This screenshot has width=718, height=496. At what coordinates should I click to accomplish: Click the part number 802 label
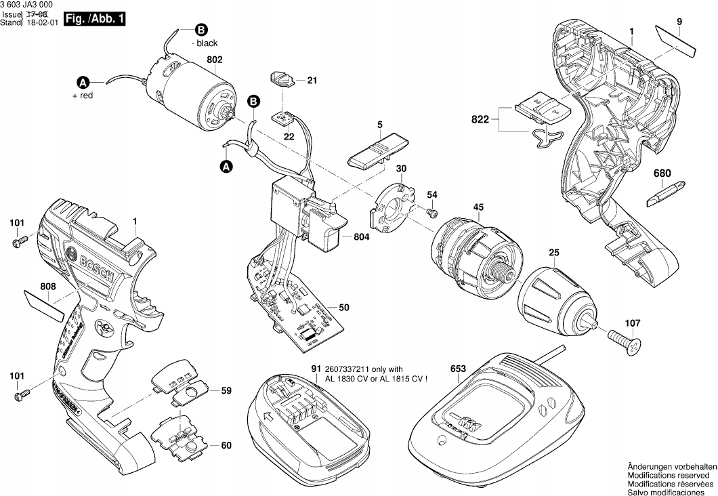214,60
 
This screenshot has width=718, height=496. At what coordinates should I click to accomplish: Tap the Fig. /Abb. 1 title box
94,20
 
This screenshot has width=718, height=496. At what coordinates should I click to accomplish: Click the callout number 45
478,208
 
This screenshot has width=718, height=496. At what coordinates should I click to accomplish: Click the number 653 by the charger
458,369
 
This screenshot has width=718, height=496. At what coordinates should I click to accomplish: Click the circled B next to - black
200,29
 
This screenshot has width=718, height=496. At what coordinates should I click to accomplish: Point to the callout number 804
363,238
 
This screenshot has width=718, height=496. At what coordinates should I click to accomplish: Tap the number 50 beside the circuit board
344,308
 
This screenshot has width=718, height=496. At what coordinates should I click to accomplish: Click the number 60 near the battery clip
226,446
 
